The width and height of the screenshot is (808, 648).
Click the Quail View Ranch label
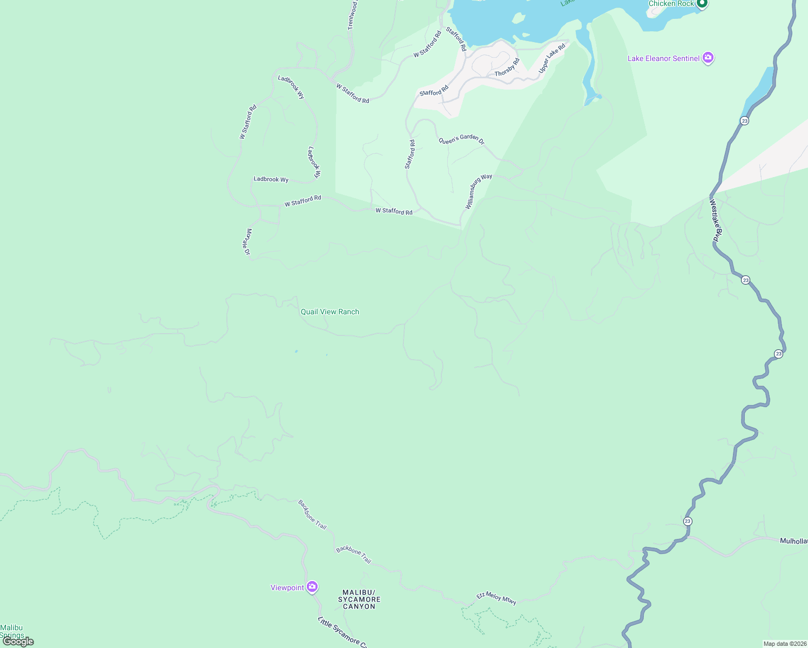329,312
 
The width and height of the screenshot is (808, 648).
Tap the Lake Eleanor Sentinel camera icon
708,58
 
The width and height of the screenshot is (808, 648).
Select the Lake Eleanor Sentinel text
663,58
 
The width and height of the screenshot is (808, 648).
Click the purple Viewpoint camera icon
312,587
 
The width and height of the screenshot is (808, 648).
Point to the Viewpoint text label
287,588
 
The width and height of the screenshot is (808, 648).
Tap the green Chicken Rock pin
702,4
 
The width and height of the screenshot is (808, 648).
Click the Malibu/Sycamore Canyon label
359,599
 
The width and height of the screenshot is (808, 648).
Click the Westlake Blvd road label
716,220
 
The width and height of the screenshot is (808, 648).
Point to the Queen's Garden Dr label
461,140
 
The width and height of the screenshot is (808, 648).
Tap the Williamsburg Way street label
479,192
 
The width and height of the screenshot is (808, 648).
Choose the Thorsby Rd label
507,67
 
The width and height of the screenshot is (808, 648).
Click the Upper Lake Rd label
551,58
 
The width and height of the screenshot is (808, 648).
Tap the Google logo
18,642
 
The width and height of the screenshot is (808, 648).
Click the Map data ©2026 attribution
785,644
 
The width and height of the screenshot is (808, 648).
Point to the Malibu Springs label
12,631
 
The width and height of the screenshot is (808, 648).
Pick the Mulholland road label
793,541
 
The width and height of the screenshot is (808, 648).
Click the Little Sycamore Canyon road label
342,632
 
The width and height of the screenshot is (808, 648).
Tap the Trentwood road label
352,15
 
